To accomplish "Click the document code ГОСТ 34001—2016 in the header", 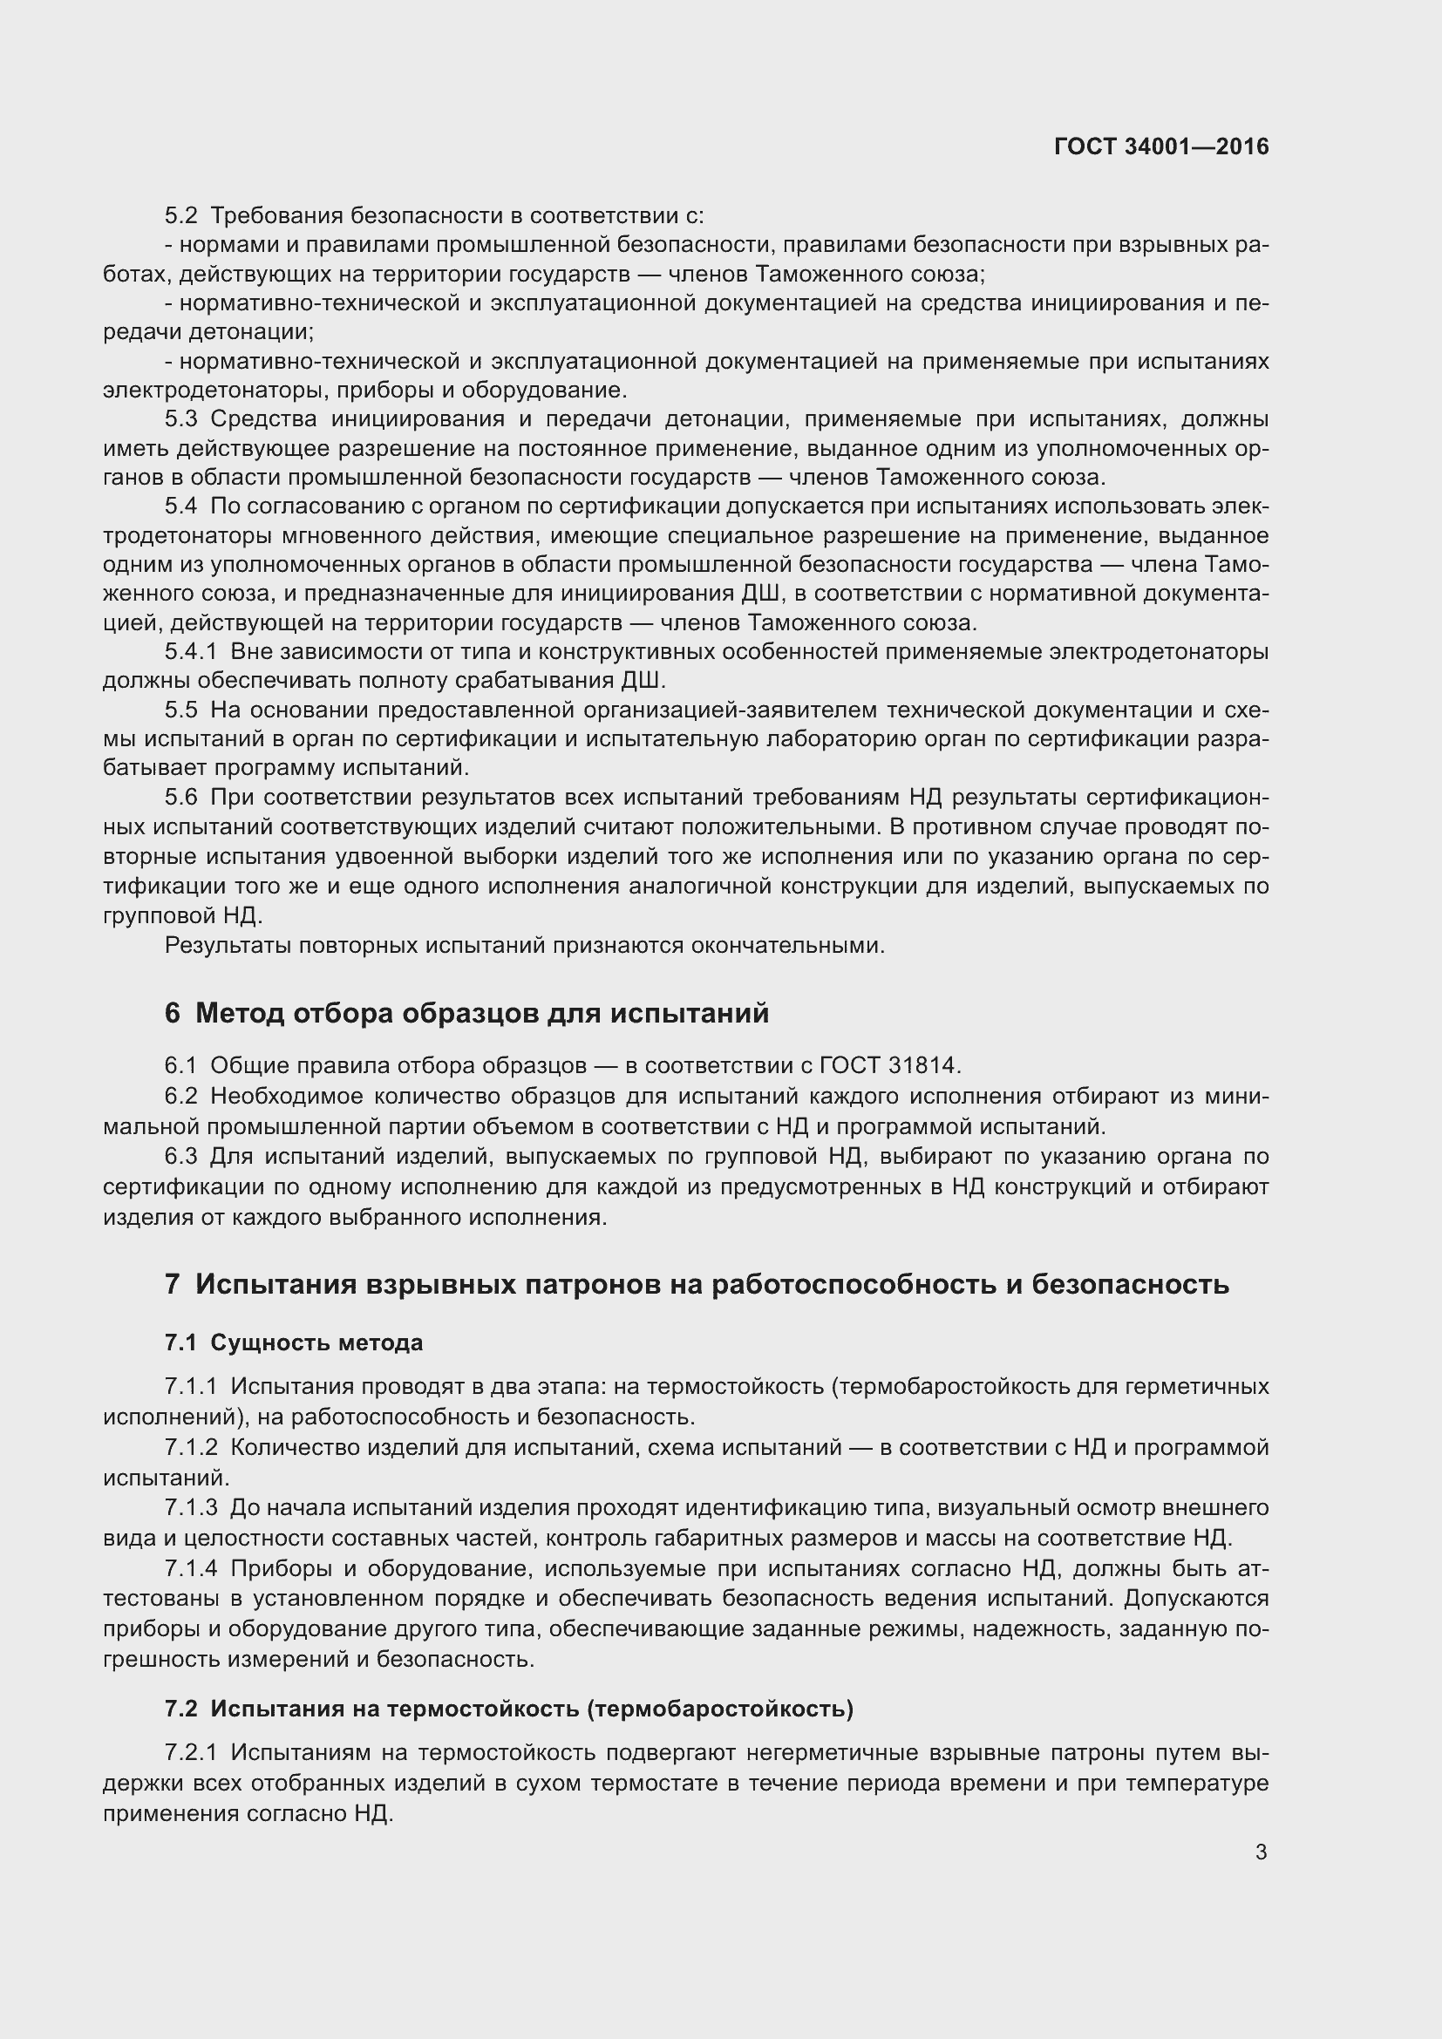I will pyautogui.click(x=1161, y=147).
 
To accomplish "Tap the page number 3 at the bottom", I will pyautogui.click(x=1261, y=1852).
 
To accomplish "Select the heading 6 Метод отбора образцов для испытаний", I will pyautogui.click(x=466, y=1013).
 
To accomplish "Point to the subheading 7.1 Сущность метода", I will pyautogui.click(x=293, y=1342).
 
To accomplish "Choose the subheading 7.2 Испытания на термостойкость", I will pyautogui.click(x=508, y=1709).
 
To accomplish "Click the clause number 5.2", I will pyautogui.click(x=181, y=216).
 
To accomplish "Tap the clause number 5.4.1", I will pyautogui.click(x=191, y=652).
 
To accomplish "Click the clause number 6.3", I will pyautogui.click(x=181, y=1157).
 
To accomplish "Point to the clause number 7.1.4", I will pyautogui.click(x=191, y=1569).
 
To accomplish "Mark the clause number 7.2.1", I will pyautogui.click(x=191, y=1754).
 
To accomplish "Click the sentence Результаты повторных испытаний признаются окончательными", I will pyautogui.click(x=525, y=946).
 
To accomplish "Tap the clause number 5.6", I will pyautogui.click(x=181, y=798).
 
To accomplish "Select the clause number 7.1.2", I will pyautogui.click(x=191, y=1448).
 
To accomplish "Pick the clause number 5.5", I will pyautogui.click(x=181, y=710).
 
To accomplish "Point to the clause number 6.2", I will pyautogui.click(x=181, y=1098).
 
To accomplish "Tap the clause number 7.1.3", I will pyautogui.click(x=191, y=1508).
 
